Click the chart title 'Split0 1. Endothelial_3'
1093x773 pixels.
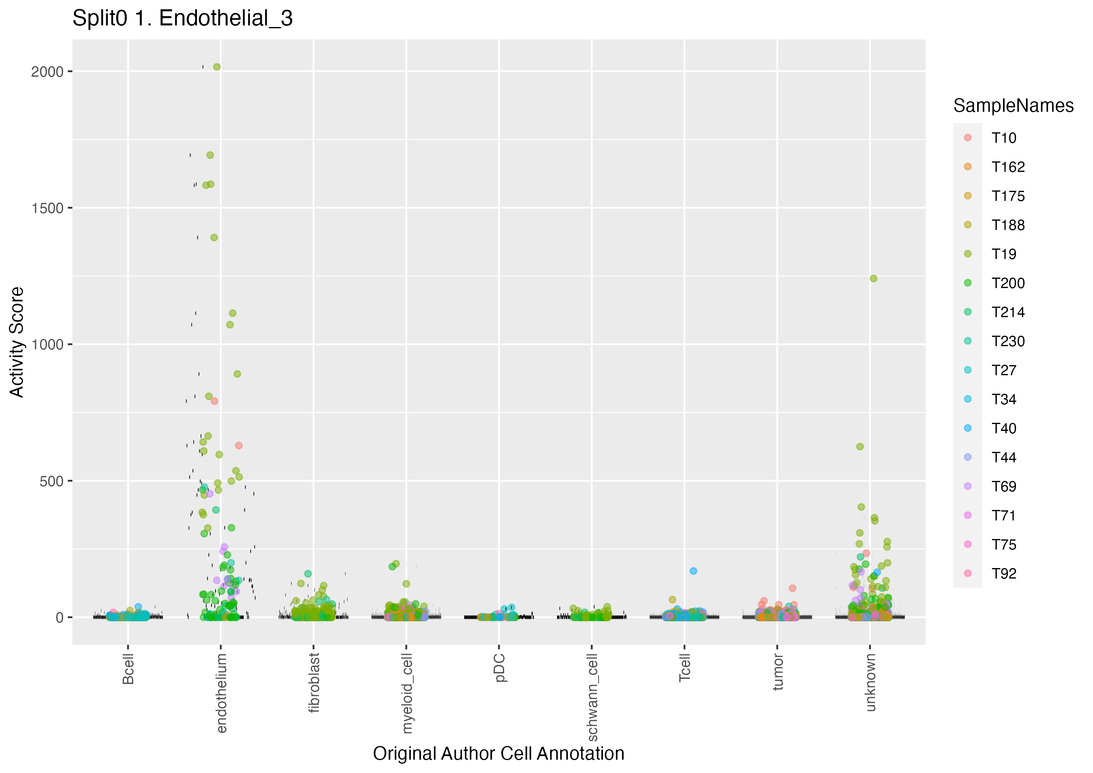pos(182,19)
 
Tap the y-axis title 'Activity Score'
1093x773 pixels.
pos(17,342)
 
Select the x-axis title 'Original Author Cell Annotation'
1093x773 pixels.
pos(498,754)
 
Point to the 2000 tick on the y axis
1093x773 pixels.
pos(47,72)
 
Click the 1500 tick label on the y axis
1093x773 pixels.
pos(47,209)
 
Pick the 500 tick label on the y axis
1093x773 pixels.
pos(51,481)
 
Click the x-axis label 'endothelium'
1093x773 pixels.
pos(221,693)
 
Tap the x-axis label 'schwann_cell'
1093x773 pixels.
pos(592,697)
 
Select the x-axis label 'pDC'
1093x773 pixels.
pos(499,668)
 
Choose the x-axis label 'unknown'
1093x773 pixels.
pos(870,683)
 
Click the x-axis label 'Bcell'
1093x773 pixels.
pos(128,669)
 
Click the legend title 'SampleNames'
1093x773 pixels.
pos(1013,106)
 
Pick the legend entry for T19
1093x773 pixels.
pos(1003,254)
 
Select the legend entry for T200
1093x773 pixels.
pos(1008,283)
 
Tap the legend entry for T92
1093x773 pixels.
pos(1003,574)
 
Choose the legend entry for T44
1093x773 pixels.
pos(1003,458)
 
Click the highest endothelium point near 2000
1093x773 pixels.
pos(217,67)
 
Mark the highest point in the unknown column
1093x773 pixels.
pos(873,278)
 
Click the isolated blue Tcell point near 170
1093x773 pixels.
pos(693,571)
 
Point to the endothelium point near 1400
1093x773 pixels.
pos(214,238)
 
